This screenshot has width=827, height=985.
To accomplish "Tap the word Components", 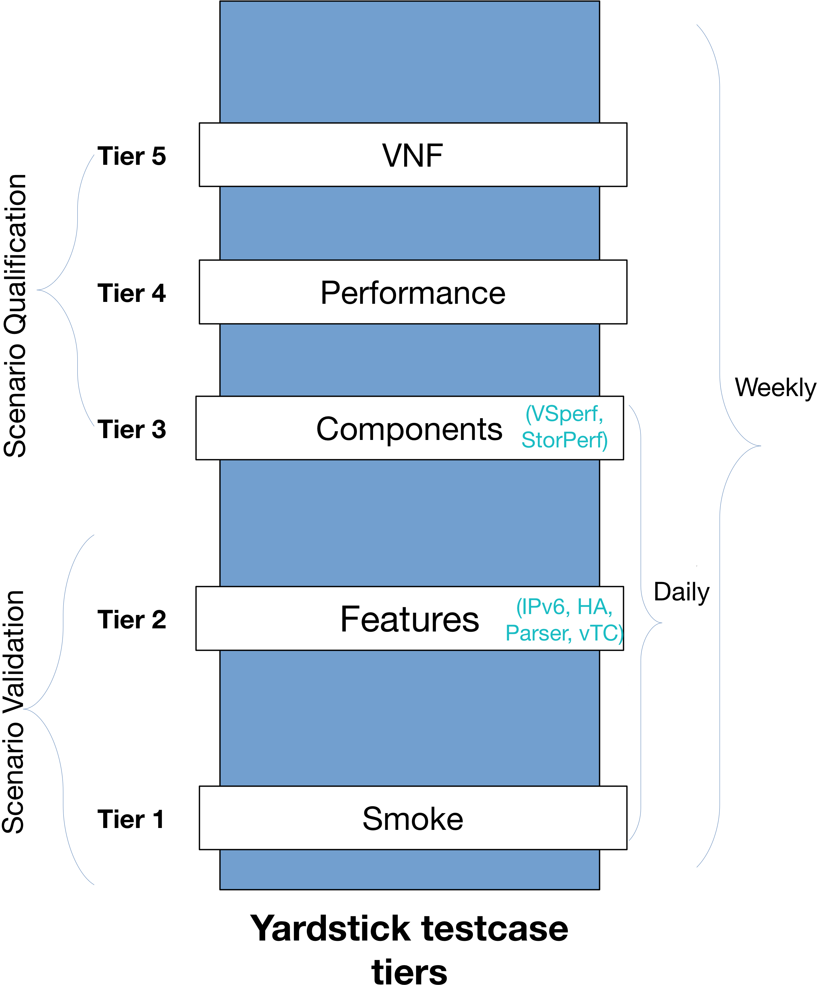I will pos(409,429).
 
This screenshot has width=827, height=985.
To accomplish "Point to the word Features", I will pos(409,619).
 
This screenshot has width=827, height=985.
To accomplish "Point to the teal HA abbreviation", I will pos(594,607).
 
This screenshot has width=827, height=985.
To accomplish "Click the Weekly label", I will pos(775,387).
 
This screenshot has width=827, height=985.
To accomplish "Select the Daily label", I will pos(681,592).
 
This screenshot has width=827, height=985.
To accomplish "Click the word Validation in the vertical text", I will pos(14,652).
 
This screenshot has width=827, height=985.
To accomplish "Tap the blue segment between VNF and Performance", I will pos(409,223).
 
